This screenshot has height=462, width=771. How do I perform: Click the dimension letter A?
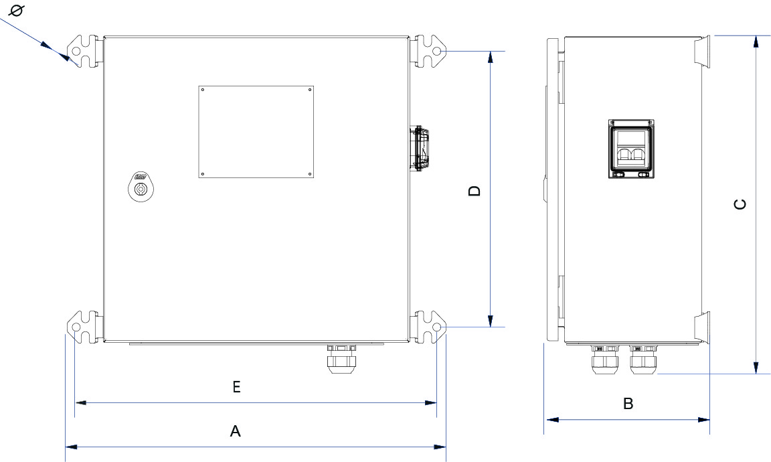coord(235,432)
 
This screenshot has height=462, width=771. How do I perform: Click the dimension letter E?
coord(236,387)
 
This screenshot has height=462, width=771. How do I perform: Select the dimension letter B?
coord(628,404)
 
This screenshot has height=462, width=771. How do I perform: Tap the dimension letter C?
coord(740,205)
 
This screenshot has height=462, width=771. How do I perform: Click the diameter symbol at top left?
coord(19,10)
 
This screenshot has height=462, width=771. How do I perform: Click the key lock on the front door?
coord(141,188)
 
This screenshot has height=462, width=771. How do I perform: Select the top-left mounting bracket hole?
coord(76,52)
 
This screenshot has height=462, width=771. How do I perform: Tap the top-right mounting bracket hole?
coord(437,51)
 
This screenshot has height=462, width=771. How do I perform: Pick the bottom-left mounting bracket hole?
coord(76,328)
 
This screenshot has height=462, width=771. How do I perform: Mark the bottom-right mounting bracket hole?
coord(437,328)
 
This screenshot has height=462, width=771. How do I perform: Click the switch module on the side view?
coord(631,150)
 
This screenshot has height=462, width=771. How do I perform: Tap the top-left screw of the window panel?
coord(203,90)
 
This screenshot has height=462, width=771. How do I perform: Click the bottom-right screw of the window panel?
coord(310,173)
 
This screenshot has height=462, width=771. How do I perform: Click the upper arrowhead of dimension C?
coord(756,42)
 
